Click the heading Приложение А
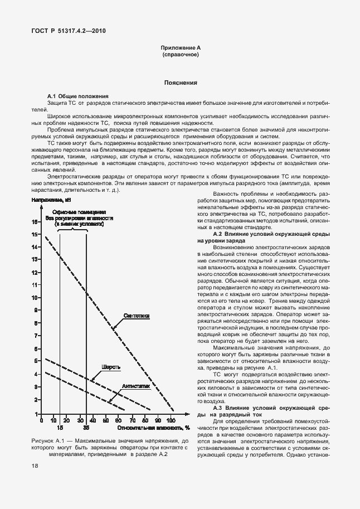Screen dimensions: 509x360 pyautogui.click(x=180, y=49)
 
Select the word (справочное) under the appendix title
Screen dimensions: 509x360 pyautogui.click(x=180, y=56)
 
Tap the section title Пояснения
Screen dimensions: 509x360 pyautogui.click(x=180, y=83)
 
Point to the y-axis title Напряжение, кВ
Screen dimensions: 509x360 pyautogui.click(x=52, y=200)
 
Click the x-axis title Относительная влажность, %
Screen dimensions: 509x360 pyautogui.click(x=146, y=428)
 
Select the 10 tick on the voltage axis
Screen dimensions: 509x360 pyautogui.click(x=35, y=297)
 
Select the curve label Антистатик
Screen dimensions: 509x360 pyautogui.click(x=137, y=385)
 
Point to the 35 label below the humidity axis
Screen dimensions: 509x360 pyautogui.click(x=86, y=428)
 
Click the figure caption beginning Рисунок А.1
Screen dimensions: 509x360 pyautogui.click(x=105, y=447)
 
